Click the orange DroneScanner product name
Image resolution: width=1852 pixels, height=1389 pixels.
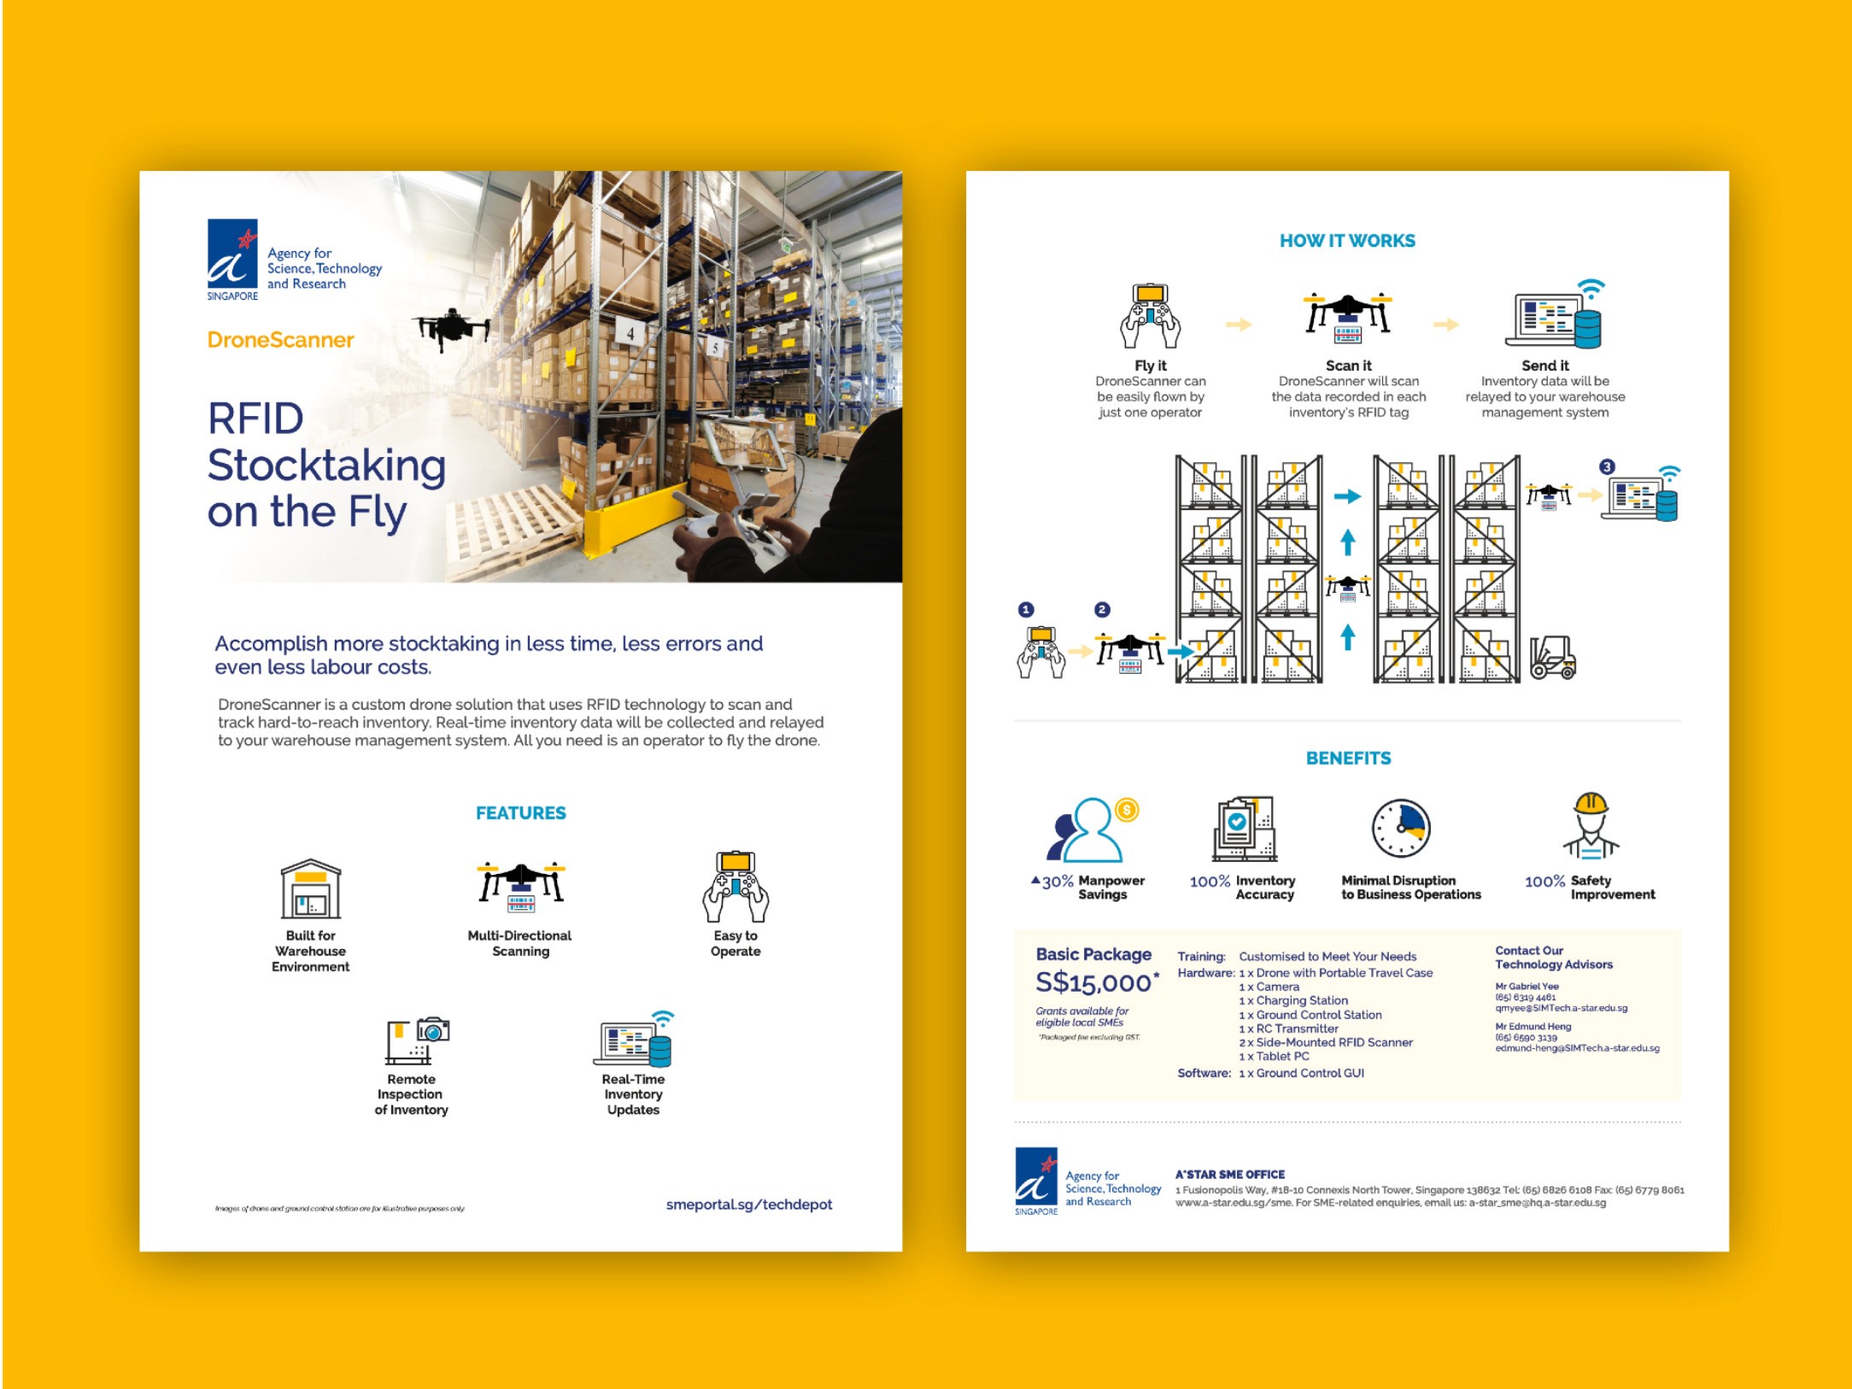tap(280, 340)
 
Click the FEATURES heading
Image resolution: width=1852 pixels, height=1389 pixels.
tap(520, 813)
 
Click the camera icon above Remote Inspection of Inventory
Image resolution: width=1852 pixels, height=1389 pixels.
tap(433, 1030)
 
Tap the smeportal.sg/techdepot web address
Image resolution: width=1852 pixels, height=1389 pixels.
tap(748, 1204)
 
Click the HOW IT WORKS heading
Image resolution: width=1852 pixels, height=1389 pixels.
tap(1347, 242)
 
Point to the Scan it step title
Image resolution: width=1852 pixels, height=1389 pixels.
tap(1348, 366)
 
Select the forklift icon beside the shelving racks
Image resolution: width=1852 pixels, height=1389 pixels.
tap(1552, 658)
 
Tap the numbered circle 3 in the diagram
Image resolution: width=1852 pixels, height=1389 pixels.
tap(1607, 467)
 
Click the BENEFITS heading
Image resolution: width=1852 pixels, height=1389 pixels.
tap(1348, 759)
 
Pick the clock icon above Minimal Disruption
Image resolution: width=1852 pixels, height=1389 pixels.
tap(1401, 828)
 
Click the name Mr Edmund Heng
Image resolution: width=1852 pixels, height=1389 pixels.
tap(1533, 1027)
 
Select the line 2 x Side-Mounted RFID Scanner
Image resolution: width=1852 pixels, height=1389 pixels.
tap(1325, 1043)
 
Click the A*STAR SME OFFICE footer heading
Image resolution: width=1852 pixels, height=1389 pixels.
tap(1229, 1175)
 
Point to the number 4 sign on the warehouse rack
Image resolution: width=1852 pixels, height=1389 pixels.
tap(630, 333)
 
